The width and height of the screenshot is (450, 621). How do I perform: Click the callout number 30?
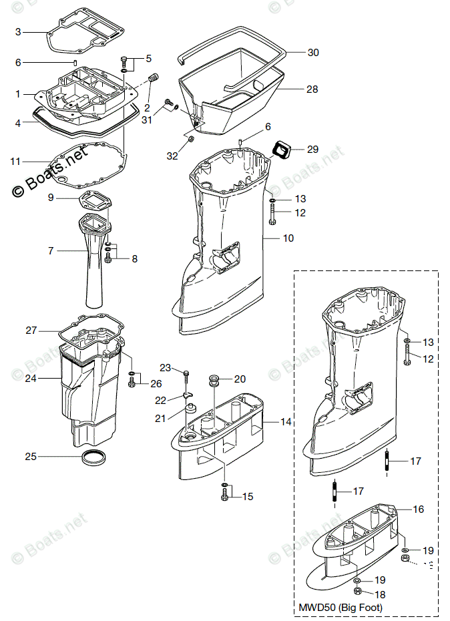(313, 52)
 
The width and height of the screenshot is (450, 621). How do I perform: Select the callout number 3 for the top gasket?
(18, 31)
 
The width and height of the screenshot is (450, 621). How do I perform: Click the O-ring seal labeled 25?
(93, 458)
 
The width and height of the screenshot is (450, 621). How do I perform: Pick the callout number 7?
(51, 251)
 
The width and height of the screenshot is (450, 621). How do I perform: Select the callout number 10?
(288, 238)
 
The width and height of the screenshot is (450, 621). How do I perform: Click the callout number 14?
(286, 422)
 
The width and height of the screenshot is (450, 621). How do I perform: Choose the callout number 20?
(239, 379)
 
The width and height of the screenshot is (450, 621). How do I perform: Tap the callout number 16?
(418, 509)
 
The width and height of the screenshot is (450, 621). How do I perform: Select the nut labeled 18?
(357, 591)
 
